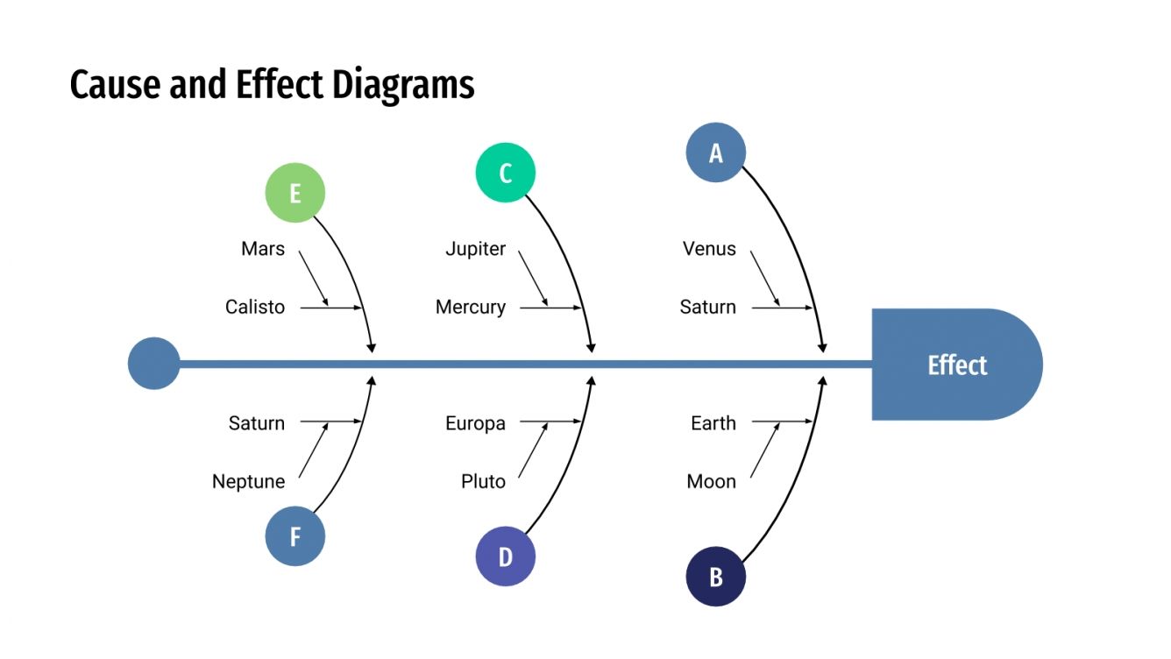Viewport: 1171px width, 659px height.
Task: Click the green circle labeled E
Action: pyautogui.click(x=295, y=193)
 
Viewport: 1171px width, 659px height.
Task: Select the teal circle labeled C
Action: pyautogui.click(x=506, y=173)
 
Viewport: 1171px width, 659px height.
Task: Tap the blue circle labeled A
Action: pyautogui.click(x=716, y=152)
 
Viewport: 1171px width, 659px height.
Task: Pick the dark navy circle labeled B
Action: pyautogui.click(x=716, y=577)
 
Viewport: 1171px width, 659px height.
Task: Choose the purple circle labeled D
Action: pyautogui.click(x=506, y=556)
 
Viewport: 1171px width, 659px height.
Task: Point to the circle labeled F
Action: pyautogui.click(x=295, y=536)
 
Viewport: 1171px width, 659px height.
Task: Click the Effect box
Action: pyautogui.click(x=956, y=365)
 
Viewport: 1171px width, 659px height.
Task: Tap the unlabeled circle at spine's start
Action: pyautogui.click(x=153, y=364)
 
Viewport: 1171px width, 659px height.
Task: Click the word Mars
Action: pyautogui.click(x=263, y=249)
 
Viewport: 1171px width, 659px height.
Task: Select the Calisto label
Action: pyautogui.click(x=255, y=308)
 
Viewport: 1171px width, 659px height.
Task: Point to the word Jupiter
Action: pyautogui.click(x=476, y=249)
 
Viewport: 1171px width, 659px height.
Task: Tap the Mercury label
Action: pyautogui.click(x=471, y=308)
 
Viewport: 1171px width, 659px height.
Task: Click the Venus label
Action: pyautogui.click(x=710, y=249)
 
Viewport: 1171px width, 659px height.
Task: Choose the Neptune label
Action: pyautogui.click(x=249, y=482)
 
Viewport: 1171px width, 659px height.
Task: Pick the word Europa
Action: pyautogui.click(x=476, y=423)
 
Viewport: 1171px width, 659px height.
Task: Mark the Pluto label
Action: pyautogui.click(x=484, y=482)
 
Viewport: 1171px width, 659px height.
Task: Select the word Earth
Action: pyautogui.click(x=713, y=423)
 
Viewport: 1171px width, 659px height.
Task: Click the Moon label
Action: pyautogui.click(x=712, y=482)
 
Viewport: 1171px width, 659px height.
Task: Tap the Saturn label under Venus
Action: pyautogui.click(x=708, y=308)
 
